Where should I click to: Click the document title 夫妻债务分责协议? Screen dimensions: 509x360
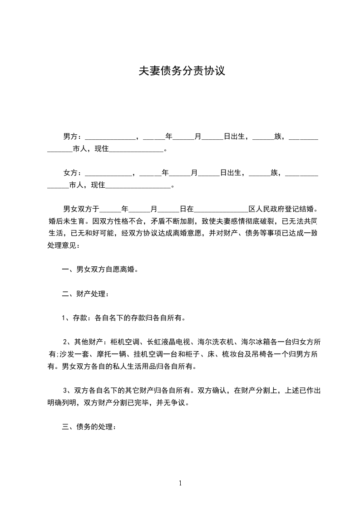click(182, 71)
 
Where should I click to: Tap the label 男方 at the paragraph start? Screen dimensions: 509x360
click(70, 136)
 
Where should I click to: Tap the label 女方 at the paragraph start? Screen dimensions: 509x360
click(70, 173)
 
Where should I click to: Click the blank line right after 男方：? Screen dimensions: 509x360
click(110, 137)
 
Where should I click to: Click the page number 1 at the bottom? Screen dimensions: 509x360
click(180, 483)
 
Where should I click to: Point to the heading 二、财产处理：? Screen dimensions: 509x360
click(85, 294)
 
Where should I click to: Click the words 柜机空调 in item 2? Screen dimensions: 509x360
click(125, 342)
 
